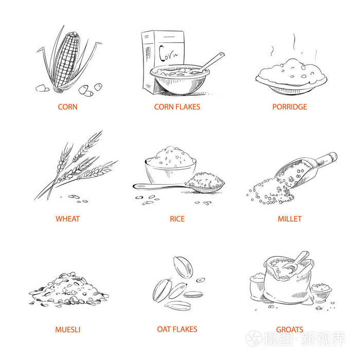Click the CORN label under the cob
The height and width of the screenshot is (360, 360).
[x=67, y=107]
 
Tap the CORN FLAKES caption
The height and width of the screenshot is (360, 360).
[x=177, y=107]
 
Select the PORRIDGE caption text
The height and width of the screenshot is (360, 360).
[x=290, y=107]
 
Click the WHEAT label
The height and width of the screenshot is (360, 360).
[x=67, y=219]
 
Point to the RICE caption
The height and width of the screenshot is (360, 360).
[x=177, y=219]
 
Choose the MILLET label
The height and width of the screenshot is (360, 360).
[x=290, y=219]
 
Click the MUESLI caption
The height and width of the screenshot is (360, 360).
[x=67, y=330]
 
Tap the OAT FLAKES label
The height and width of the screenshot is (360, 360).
[x=177, y=329]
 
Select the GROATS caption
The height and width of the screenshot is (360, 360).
[x=290, y=330]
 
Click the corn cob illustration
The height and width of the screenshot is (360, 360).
[x=67, y=59]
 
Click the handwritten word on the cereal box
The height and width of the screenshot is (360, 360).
[x=168, y=53]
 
